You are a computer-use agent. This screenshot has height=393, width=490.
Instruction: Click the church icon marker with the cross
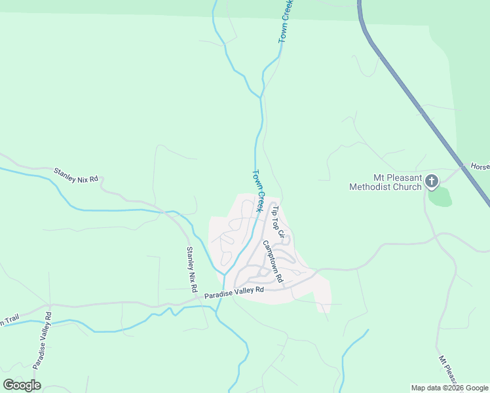click(432, 181)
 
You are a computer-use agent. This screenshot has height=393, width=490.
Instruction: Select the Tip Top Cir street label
click(279, 221)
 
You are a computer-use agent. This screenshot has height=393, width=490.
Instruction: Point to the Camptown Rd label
click(272, 261)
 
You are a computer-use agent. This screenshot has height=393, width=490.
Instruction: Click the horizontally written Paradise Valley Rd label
click(234, 292)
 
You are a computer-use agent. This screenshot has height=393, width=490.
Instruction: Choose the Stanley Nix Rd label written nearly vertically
click(191, 269)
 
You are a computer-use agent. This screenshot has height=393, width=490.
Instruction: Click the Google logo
click(22, 385)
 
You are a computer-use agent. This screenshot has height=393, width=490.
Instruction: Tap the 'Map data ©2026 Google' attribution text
click(449, 388)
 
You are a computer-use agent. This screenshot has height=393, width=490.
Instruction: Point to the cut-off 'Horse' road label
click(480, 167)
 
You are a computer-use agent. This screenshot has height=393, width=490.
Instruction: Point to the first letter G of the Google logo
click(9, 385)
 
